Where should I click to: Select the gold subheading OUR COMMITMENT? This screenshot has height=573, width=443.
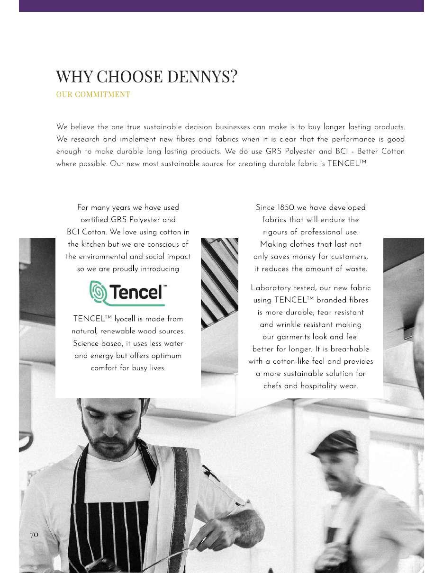pyautogui.click(x=93, y=94)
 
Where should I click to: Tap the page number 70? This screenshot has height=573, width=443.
pyautogui.click(x=34, y=535)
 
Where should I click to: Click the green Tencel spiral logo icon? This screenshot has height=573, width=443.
pyautogui.click(x=99, y=293)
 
